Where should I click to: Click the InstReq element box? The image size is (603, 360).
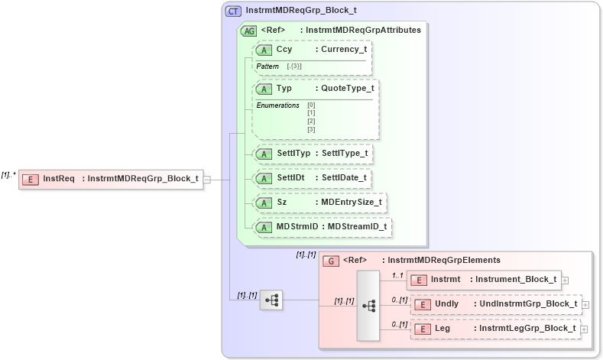click(111, 179)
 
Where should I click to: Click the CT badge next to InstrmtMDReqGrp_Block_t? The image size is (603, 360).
click(233, 11)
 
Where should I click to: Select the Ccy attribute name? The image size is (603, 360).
click(284, 50)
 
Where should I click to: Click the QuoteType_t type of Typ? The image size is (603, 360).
click(345, 89)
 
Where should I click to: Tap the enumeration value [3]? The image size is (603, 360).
click(311, 130)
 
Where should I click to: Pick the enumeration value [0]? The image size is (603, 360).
click(311, 105)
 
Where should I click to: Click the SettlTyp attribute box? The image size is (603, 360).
click(314, 154)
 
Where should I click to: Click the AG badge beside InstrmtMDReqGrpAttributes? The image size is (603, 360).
click(248, 31)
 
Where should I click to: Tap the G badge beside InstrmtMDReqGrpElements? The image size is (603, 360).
click(331, 261)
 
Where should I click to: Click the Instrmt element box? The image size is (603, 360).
click(484, 280)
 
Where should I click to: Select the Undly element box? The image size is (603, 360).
click(496, 304)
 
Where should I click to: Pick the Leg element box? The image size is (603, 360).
click(496, 329)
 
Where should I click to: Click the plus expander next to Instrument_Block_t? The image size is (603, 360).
click(565, 281)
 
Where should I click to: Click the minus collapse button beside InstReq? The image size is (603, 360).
click(207, 180)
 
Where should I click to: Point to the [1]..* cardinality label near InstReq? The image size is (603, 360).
click(8, 174)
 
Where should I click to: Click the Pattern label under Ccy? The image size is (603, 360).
click(267, 66)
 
